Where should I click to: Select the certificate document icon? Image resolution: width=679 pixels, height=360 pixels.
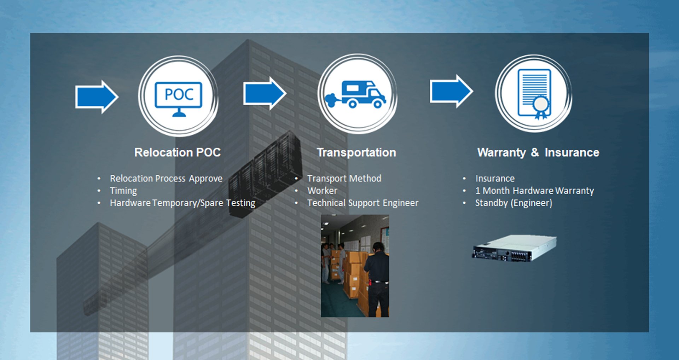534,94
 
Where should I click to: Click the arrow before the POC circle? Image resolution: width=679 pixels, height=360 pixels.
97,97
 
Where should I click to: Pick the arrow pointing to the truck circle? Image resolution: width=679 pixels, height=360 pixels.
265,93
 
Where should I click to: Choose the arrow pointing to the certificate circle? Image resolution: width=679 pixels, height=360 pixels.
451,91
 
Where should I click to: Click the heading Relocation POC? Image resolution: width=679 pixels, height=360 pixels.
177,152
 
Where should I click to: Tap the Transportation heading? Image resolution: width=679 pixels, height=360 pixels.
356,152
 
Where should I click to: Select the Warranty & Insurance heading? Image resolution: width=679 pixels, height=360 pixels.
538,152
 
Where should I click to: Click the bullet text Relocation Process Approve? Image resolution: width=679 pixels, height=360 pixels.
166,179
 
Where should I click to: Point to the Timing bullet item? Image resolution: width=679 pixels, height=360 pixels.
123,191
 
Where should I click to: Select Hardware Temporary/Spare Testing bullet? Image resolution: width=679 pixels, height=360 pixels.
182,203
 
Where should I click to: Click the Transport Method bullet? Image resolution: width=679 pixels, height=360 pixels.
344,179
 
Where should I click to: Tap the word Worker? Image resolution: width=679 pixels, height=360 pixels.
322,191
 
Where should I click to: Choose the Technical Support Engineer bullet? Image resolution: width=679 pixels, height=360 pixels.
362,203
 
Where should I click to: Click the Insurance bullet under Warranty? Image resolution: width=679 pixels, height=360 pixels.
495,179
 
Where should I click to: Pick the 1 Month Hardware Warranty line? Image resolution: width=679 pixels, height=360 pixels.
534,191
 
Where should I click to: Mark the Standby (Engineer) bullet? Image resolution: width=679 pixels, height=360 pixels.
513,203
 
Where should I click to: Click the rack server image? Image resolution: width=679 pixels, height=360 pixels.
515,248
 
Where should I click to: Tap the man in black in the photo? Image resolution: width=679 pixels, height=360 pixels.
378,279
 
